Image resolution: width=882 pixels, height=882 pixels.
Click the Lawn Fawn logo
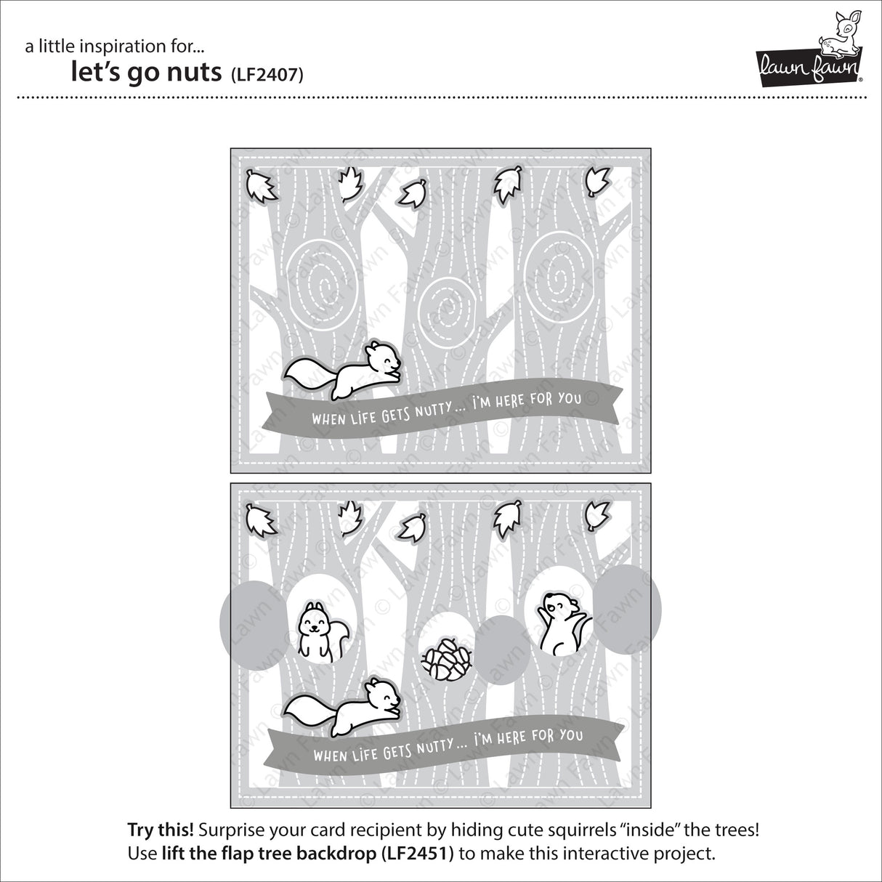809,50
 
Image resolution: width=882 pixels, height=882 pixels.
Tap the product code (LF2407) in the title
267,74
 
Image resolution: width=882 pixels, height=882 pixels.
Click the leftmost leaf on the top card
261,186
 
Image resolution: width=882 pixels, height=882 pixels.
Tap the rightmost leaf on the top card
597,181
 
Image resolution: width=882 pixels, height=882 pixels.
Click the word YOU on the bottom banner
570,735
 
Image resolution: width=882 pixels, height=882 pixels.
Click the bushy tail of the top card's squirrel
307,373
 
